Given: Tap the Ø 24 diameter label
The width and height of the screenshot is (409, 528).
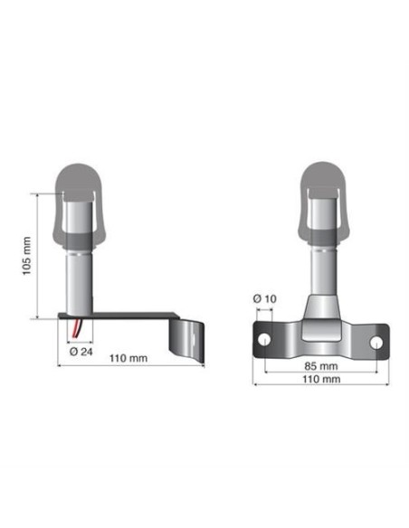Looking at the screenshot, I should pyautogui.click(x=81, y=351).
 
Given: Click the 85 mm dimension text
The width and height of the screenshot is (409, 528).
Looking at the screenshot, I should pyautogui.click(x=321, y=367).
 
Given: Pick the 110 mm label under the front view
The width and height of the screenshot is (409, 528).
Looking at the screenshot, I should pyautogui.click(x=321, y=381).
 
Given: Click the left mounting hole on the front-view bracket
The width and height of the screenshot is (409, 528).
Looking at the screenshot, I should pyautogui.click(x=264, y=340).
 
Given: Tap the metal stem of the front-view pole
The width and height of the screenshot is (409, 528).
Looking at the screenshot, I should pyautogui.click(x=321, y=271).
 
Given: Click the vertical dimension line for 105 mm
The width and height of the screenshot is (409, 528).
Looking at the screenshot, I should pyautogui.click(x=37, y=256).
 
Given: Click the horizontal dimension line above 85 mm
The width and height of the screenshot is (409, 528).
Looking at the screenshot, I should pyautogui.click(x=321, y=358).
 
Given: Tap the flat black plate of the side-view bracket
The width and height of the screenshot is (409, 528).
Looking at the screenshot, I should pyautogui.click(x=127, y=316).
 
